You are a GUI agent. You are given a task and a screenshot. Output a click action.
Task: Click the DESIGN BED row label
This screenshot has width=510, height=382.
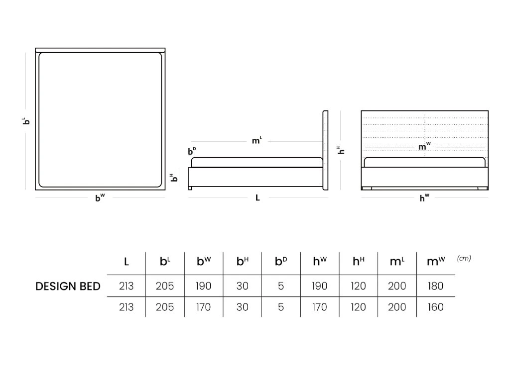pos(68,286)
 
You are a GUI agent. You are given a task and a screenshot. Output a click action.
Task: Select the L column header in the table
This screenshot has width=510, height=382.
pos(126,262)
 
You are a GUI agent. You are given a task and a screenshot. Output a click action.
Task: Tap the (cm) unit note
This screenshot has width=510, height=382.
pos(464,258)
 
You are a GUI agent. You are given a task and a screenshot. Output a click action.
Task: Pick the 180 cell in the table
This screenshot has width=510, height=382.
pos(435,286)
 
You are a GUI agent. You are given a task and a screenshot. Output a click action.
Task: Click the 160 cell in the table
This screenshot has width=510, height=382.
pos(435,307)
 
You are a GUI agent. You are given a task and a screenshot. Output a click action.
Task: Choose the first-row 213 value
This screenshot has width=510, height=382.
pos(126,286)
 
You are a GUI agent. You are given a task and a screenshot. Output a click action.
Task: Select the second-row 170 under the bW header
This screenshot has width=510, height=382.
pos(203,307)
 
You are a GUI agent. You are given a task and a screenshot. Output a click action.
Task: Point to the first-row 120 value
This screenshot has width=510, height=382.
pos(358,286)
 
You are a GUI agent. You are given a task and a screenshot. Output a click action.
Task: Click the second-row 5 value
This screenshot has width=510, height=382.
pos(281,307)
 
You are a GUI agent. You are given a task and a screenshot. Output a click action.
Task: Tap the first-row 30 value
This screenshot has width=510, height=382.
pos(243,286)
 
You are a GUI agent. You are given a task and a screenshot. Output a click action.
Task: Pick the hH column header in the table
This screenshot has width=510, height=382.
pos(359,261)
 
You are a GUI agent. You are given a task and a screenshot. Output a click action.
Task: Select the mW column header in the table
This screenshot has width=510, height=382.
pos(436,261)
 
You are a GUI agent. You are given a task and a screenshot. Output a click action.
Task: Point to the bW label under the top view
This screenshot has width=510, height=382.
pos(100,197)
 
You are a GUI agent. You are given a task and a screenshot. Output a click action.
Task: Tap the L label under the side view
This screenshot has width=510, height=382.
pos(257,198)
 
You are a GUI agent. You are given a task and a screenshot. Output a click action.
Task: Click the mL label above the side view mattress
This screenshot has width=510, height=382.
pos(257,140)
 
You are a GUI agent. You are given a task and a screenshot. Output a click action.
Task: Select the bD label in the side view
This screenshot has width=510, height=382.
pos(192,151)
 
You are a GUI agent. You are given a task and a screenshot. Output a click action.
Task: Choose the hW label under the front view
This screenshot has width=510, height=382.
pos(424,197)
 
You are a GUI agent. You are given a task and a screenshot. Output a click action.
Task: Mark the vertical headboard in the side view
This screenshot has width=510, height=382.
pos(325,150)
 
